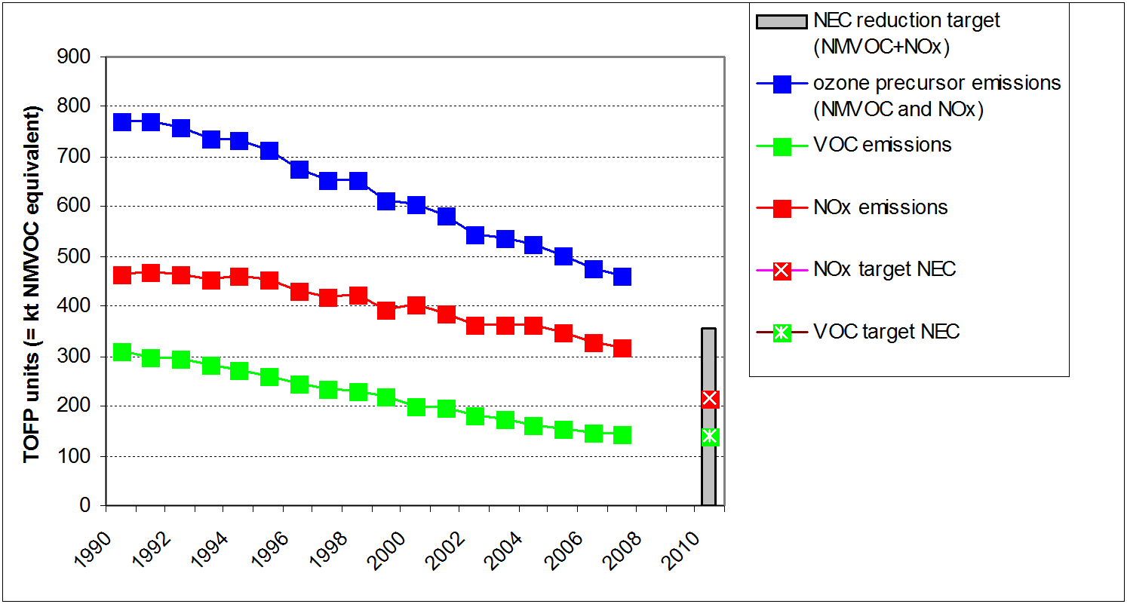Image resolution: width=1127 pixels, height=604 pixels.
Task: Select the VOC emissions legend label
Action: pyautogui.click(x=882, y=145)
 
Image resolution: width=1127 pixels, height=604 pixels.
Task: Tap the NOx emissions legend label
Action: pyautogui.click(x=880, y=207)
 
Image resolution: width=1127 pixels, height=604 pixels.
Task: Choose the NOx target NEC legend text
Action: pyautogui.click(x=885, y=269)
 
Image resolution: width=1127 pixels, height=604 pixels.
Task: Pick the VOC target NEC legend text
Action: pyautogui.click(x=886, y=331)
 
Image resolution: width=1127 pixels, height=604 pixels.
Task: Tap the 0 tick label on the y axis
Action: pyautogui.click(x=84, y=505)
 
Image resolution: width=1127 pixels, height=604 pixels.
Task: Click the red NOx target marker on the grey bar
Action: pyautogui.click(x=709, y=399)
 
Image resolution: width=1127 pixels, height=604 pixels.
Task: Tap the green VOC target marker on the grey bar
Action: pyautogui.click(x=709, y=436)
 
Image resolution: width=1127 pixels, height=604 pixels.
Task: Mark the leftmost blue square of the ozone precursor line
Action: pyautogui.click(x=122, y=122)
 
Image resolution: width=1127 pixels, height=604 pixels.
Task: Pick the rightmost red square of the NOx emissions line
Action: pyautogui.click(x=622, y=348)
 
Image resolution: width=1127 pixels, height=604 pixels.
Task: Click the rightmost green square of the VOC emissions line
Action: pyautogui.click(x=622, y=435)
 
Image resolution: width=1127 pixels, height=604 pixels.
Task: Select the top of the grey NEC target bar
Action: pyautogui.click(x=708, y=330)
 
